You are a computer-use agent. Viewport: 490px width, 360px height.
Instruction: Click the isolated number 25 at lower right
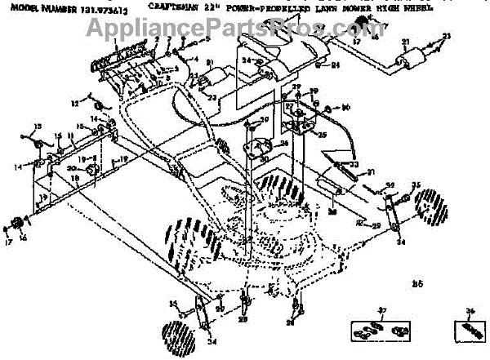coord(418,283)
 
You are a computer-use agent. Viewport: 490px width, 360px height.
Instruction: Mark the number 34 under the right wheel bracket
coord(400,242)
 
